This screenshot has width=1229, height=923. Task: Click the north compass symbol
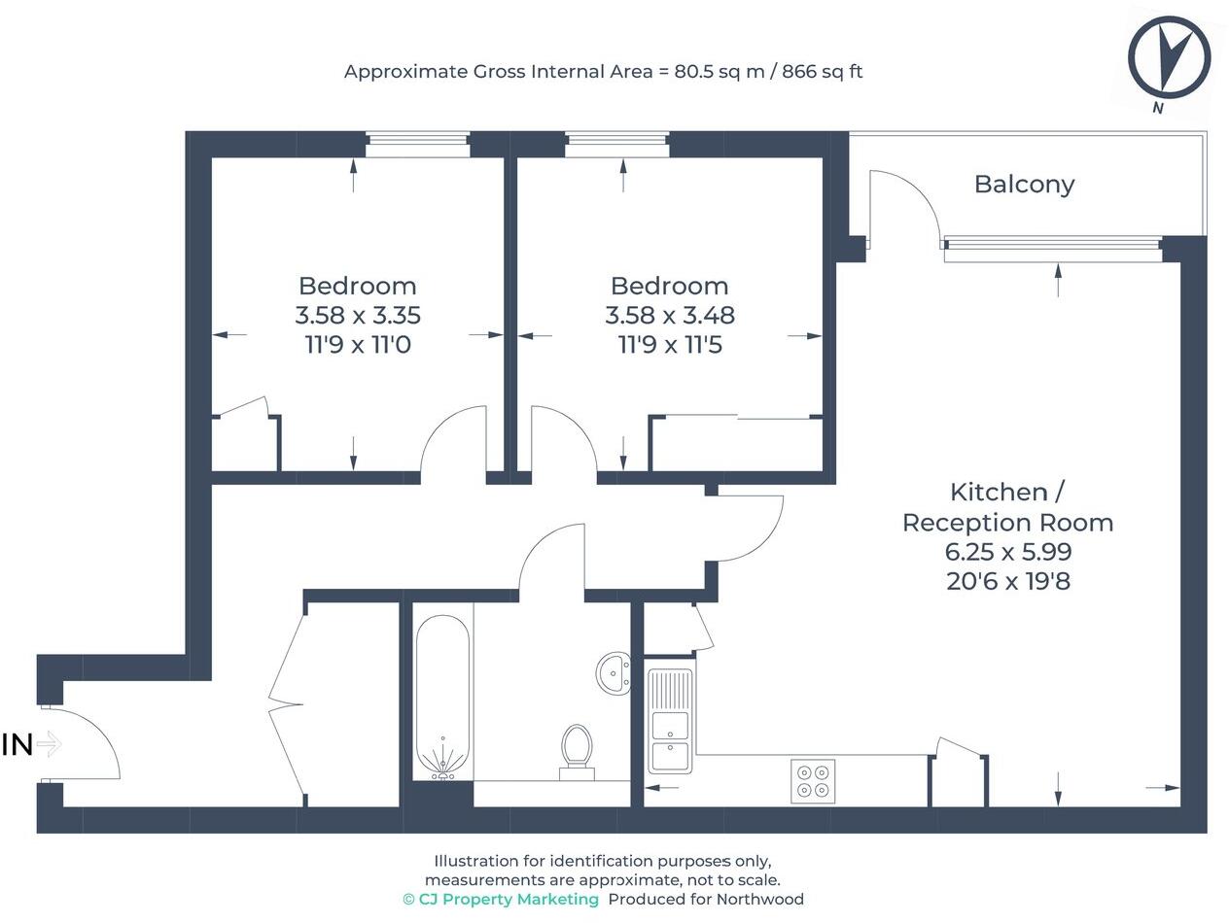1169,57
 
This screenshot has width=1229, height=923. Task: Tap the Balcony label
1024,184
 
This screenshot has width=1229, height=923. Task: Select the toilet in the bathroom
577,749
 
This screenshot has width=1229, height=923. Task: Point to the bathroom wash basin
614,672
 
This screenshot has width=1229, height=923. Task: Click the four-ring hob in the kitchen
813,780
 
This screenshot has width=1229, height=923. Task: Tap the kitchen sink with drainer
671,720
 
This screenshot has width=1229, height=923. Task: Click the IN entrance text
18,745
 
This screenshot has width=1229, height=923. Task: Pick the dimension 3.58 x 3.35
358,315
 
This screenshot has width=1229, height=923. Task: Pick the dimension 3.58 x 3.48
670,315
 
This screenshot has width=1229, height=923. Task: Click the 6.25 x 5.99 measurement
1007,552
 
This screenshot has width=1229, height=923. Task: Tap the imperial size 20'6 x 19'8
1007,582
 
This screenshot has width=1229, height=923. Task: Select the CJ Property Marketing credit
501,900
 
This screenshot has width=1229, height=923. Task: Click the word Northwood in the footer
759,900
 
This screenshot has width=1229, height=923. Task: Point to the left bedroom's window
418,145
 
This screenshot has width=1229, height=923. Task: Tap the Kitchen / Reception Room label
1007,506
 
